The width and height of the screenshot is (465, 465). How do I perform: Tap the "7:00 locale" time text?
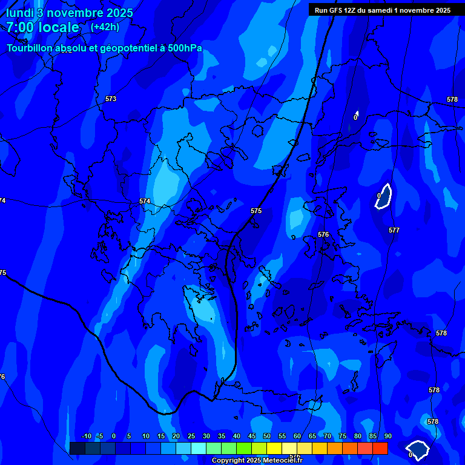[x=42, y=28]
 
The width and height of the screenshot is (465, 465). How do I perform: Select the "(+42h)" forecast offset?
[x=105, y=27]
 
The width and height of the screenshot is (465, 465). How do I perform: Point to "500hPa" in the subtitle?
[x=186, y=48]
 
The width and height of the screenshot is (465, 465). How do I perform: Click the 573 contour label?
[x=110, y=99]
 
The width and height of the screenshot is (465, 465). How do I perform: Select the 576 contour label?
[x=323, y=234]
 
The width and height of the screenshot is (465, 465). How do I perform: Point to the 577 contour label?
[x=394, y=230]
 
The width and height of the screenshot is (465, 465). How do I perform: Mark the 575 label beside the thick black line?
[x=256, y=211]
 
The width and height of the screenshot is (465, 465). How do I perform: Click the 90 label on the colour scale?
[x=387, y=436]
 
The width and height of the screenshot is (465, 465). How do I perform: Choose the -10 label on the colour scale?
[x=86, y=436]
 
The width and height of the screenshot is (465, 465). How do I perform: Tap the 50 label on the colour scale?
[x=266, y=436]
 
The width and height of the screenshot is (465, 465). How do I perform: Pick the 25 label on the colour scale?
[x=191, y=436]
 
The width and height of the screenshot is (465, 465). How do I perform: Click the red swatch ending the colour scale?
[x=380, y=448]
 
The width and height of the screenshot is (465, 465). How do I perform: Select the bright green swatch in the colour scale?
[x=243, y=448]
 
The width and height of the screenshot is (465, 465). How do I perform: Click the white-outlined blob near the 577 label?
[x=384, y=196]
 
